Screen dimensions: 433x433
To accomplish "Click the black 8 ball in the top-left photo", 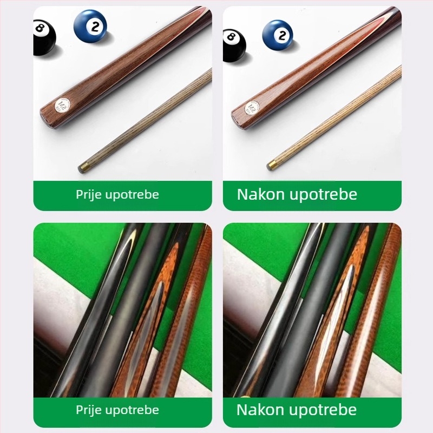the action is pyautogui.click(x=44, y=37).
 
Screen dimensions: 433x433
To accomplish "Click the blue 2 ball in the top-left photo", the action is pyautogui.click(x=90, y=25).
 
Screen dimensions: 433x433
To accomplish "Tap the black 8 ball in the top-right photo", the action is pyautogui.click(x=234, y=45).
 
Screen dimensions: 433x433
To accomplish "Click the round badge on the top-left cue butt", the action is pyautogui.click(x=62, y=105).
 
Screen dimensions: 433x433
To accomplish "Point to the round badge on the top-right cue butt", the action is pyautogui.click(x=252, y=107).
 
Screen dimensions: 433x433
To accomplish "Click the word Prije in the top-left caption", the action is pyautogui.click(x=89, y=195).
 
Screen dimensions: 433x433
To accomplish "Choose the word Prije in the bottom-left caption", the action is pyautogui.click(x=89, y=410).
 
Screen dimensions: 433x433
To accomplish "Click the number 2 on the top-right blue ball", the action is pyautogui.click(x=282, y=35).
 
